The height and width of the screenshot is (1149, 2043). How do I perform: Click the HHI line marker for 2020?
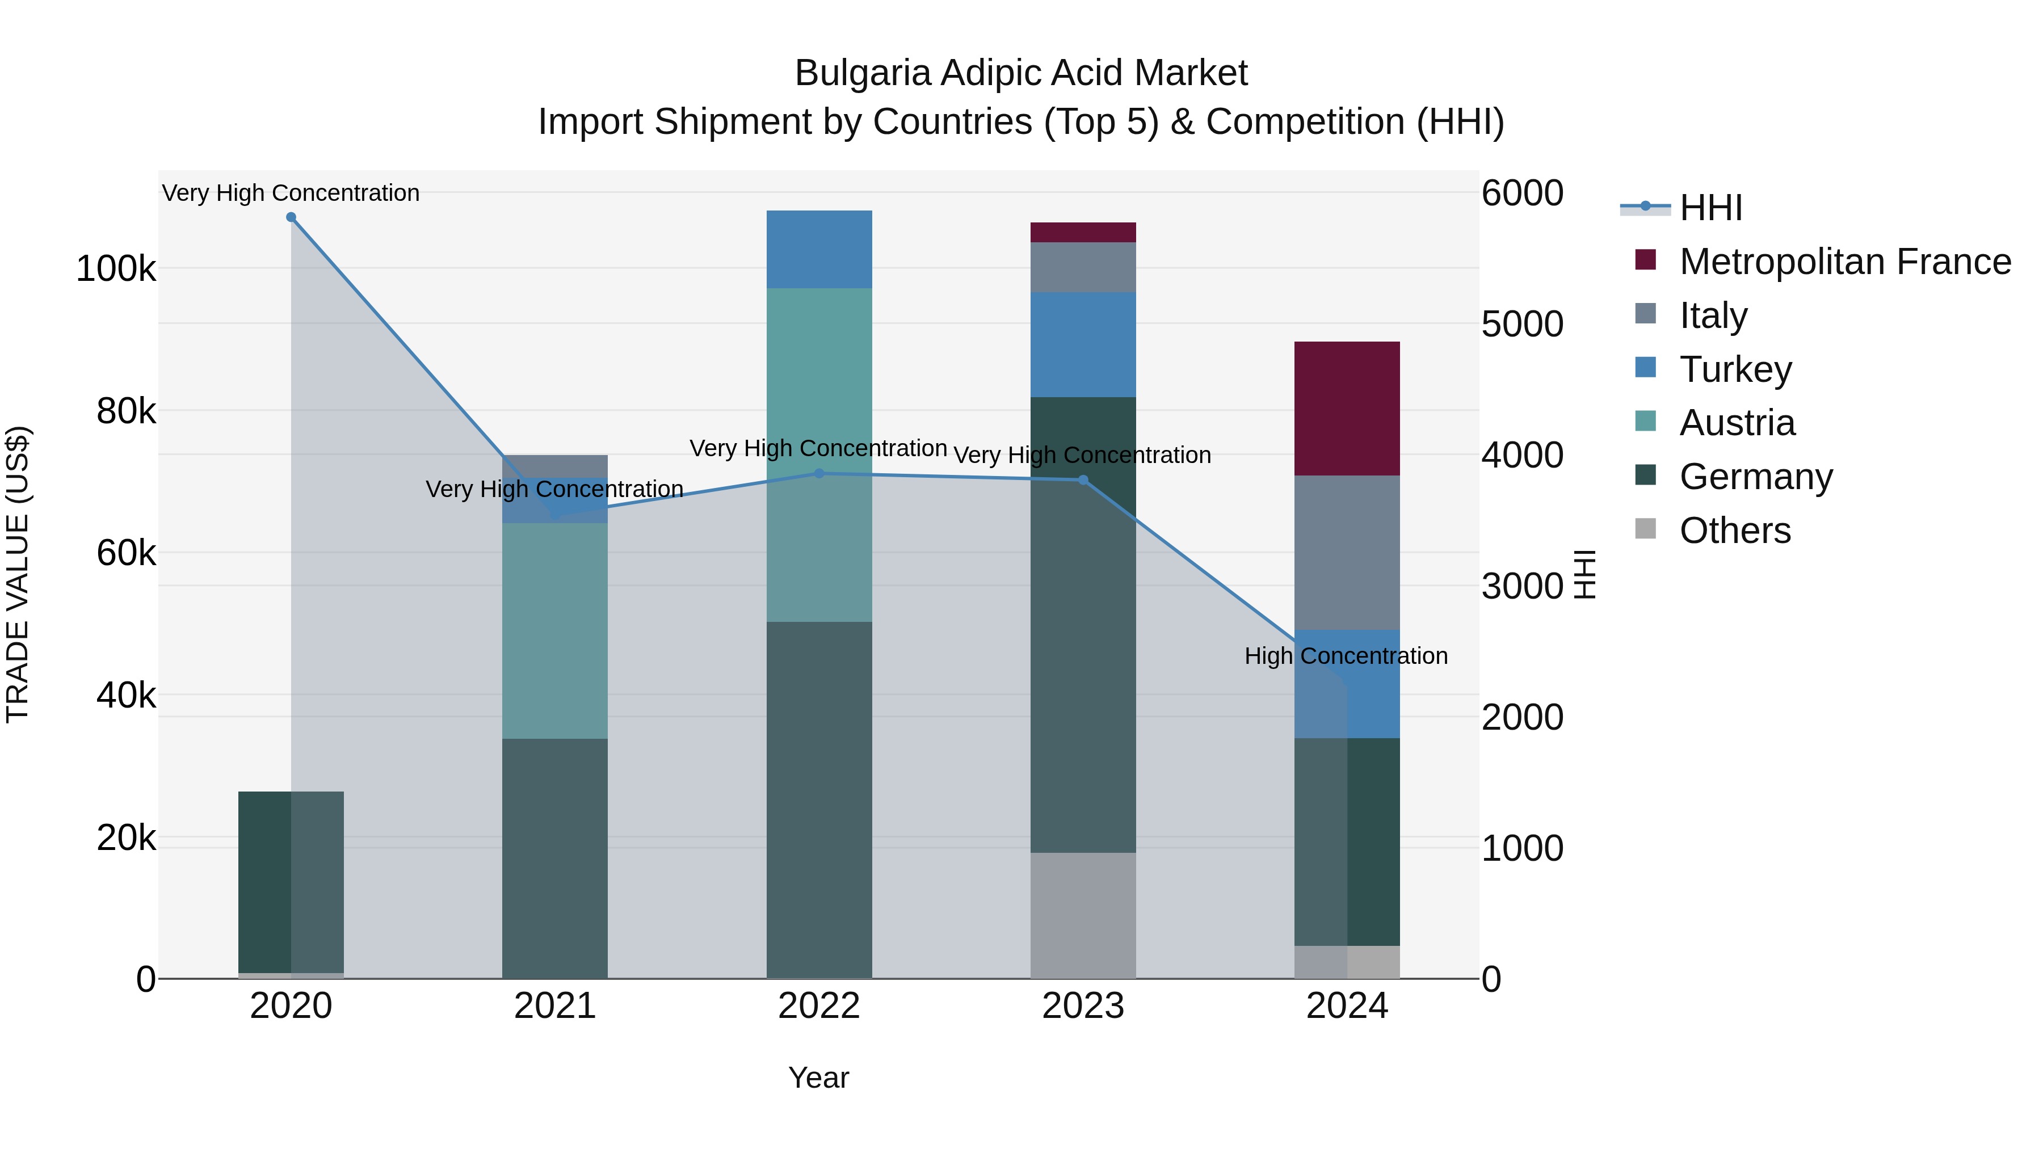pos(291,217)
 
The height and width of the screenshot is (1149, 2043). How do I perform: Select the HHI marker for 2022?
pos(819,473)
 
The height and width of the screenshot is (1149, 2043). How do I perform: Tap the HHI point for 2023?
pos(1083,479)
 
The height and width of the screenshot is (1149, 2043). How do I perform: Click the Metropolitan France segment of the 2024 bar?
pos(1347,409)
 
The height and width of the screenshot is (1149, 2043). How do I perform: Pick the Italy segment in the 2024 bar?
pos(1347,553)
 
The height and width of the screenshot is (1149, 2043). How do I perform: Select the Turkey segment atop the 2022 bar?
pos(819,250)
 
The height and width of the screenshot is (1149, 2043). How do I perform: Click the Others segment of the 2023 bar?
pos(1083,915)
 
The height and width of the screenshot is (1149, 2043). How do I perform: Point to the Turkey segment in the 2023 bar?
pos(1083,344)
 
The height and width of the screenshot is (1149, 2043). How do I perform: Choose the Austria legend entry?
pos(1737,423)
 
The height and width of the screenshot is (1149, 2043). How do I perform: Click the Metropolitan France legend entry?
pos(1845,262)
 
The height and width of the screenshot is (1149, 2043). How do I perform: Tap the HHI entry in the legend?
pos(1710,208)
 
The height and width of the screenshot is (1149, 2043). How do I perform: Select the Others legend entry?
pos(1734,531)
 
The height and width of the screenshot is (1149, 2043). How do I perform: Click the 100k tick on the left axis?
pos(116,269)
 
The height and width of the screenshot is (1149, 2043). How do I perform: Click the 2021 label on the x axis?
pos(554,1006)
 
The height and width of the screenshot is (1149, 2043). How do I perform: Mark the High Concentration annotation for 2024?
pos(1346,656)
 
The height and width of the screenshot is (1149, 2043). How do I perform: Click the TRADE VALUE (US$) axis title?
pos(18,574)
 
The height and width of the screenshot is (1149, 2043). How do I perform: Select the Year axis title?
pos(818,1078)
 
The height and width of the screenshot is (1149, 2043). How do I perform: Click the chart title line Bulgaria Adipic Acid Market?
pos(1021,73)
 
